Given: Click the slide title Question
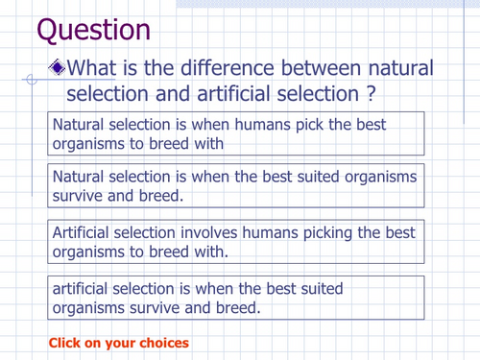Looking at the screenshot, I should pyautogui.click(x=93, y=29).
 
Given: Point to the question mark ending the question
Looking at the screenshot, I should pyautogui.click(x=369, y=95).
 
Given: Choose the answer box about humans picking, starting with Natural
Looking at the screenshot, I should pyautogui.click(x=236, y=134).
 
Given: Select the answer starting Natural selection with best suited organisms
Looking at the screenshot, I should pyautogui.click(x=236, y=186).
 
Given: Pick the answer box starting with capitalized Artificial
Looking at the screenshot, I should pyautogui.click(x=236, y=243).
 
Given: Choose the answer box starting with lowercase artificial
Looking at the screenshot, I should pyautogui.click(x=236, y=298).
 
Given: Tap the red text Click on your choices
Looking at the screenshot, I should pyautogui.click(x=119, y=343).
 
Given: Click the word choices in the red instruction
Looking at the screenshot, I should pyautogui.click(x=164, y=343).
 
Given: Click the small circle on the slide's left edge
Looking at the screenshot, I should pyautogui.click(x=31, y=82).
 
